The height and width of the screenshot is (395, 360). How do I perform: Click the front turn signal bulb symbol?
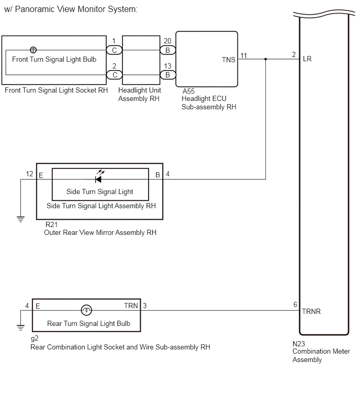pos(33,50)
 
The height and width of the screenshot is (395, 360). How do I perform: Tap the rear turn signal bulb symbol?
pos(86,310)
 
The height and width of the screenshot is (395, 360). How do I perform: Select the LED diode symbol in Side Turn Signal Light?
pos(98,179)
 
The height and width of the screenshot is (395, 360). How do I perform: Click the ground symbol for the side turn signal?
pos(20,219)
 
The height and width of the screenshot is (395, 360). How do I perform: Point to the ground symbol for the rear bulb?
pos(20,328)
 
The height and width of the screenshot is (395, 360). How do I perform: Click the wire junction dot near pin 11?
pos(265,59)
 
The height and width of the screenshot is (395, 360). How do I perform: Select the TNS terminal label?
pos(229,60)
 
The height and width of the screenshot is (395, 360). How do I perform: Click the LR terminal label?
pos(307,59)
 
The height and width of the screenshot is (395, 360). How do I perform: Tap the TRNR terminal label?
pos(311,312)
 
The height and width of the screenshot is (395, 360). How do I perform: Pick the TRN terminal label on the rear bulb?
pos(131,306)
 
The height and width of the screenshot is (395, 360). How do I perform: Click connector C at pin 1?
pos(114,50)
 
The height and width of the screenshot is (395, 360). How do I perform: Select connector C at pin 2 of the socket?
pos(115,75)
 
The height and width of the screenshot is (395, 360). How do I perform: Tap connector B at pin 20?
pos(167,50)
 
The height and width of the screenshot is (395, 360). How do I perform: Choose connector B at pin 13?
pos(167,75)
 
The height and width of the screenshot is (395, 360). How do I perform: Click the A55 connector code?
pos(188,91)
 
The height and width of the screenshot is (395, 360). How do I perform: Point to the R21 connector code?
pos(51,224)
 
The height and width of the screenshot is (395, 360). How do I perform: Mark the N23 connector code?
pos(299,344)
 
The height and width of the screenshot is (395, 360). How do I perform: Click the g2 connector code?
pos(35,338)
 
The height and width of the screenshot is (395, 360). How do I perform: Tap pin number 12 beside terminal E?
pos(29,174)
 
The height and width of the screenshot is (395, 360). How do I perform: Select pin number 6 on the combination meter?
pos(295,305)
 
